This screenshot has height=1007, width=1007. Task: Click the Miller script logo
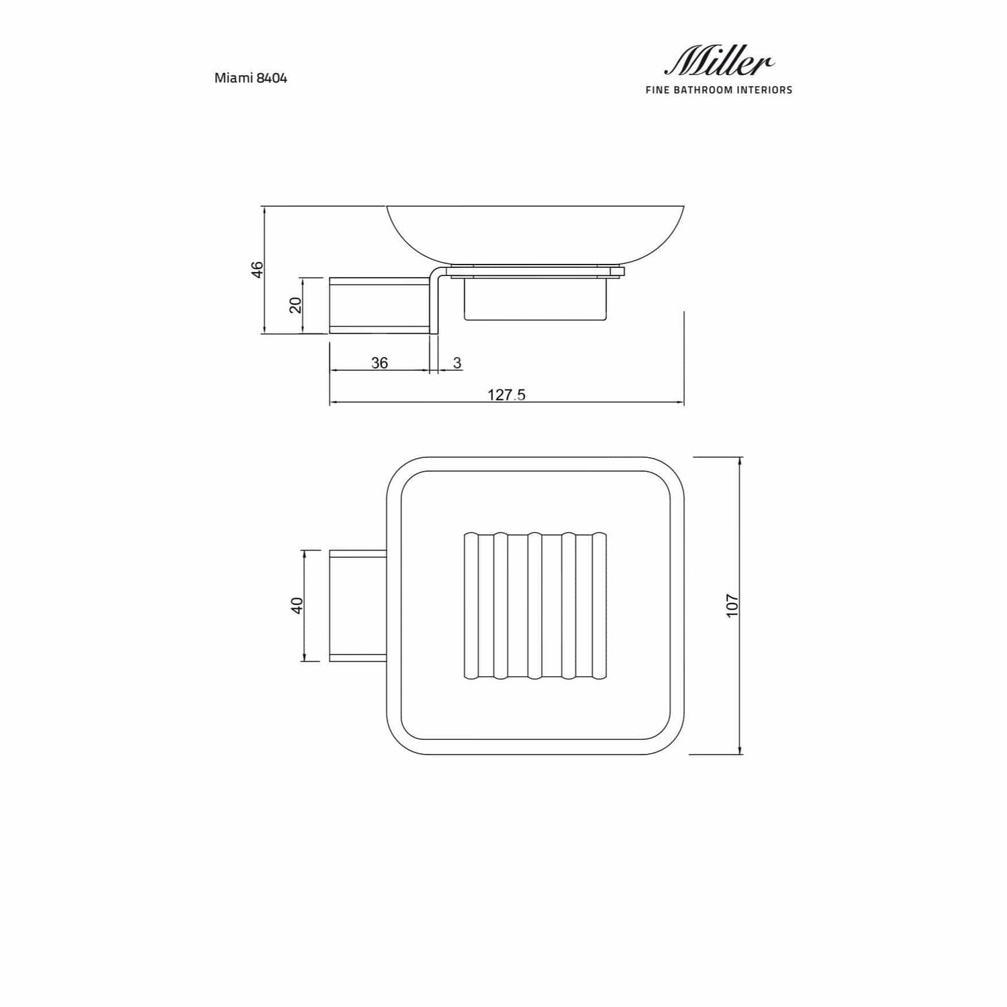[x=719, y=62]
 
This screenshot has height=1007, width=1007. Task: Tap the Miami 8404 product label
[x=251, y=78]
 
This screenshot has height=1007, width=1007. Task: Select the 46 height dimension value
[x=257, y=269]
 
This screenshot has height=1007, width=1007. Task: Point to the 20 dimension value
[x=295, y=305]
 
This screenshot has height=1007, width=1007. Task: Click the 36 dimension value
[x=379, y=363]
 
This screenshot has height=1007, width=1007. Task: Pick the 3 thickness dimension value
[x=457, y=363]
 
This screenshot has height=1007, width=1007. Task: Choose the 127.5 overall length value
[x=506, y=395]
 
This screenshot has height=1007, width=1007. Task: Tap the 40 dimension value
[x=297, y=605]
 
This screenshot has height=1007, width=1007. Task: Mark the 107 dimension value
[x=732, y=606]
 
